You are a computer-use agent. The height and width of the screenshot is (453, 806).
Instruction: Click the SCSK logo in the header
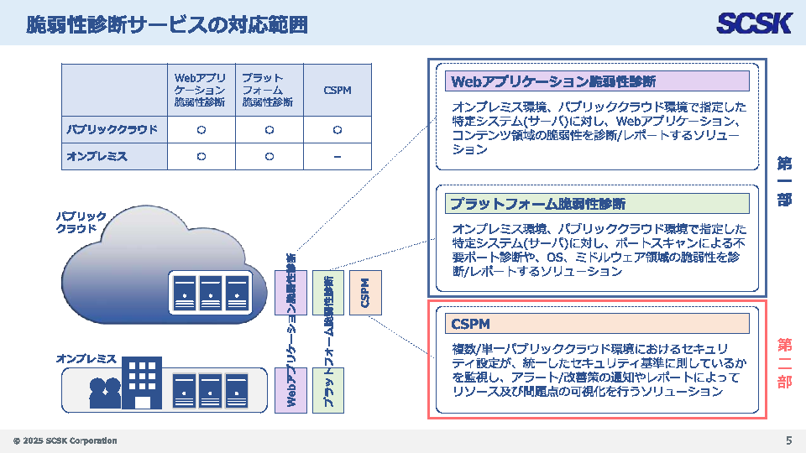753,23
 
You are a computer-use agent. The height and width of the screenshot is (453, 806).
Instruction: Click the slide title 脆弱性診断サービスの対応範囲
166,24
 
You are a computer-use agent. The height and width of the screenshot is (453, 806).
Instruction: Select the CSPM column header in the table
337,90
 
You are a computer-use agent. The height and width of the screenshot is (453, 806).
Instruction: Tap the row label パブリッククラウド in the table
113,130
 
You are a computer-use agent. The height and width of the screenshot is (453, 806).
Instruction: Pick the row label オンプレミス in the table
97,156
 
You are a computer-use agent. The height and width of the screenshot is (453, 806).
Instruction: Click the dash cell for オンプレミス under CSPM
337,156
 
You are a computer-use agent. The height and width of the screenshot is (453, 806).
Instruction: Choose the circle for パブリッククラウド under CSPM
337,130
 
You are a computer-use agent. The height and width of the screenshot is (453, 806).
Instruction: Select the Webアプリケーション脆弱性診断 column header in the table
201,90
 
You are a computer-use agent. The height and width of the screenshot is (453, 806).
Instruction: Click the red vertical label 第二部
784,362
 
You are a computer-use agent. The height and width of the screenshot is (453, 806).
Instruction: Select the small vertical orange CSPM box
365,292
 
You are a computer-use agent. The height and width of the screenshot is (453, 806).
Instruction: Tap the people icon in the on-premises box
105,393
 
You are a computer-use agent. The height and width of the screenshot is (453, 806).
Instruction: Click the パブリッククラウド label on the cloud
81,221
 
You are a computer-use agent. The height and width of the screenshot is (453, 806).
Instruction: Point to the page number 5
788,440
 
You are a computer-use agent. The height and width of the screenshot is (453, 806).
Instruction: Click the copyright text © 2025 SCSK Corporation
65,441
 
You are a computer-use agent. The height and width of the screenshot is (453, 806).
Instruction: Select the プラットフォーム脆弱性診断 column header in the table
268,90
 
